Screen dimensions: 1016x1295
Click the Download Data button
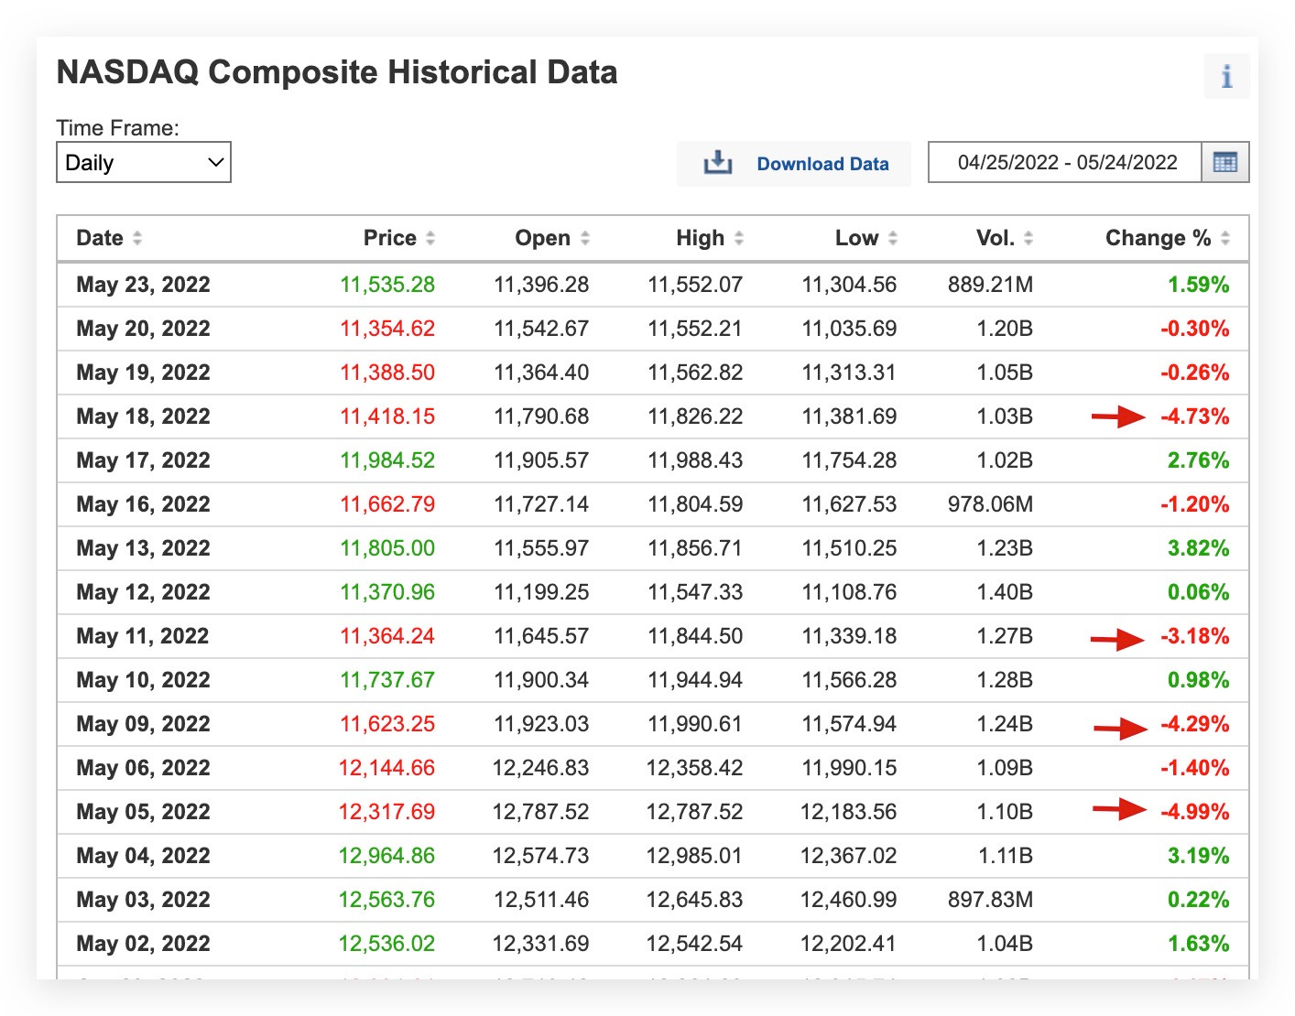794,164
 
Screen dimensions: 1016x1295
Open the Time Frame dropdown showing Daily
144,163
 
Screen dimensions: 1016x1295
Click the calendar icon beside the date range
1224,163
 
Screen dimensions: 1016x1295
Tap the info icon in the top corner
1226,76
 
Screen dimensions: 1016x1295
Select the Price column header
390,238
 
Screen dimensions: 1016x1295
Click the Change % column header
1158,238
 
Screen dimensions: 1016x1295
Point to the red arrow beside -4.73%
1118,417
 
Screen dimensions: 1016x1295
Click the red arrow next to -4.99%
1119,809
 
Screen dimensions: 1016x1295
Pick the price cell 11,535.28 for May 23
387,285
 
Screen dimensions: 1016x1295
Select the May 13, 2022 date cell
143,548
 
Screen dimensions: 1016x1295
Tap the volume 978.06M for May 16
990,504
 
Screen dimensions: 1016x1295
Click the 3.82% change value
1198,548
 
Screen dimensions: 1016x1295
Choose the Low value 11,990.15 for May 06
848,768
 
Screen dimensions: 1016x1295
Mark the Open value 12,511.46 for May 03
540,900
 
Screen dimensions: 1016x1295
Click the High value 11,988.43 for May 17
695,460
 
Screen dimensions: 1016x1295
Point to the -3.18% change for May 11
1194,636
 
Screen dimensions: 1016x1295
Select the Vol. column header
996,238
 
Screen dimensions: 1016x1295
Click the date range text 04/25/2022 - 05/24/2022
1067,163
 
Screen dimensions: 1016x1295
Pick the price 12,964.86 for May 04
386,856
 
